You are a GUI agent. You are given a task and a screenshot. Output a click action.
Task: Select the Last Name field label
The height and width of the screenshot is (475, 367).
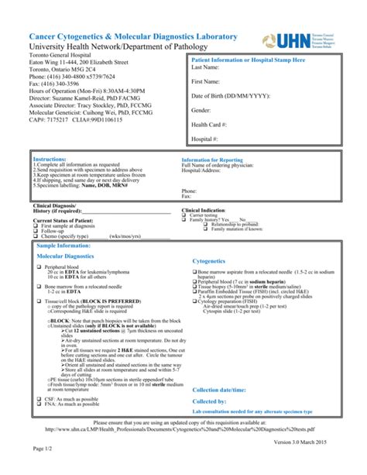pos(207,68)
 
